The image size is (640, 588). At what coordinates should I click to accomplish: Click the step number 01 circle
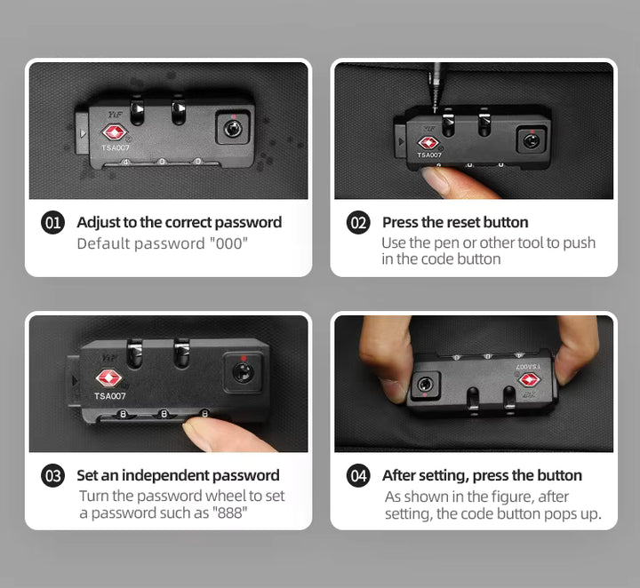click(52, 223)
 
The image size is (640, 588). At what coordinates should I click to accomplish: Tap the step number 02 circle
click(358, 223)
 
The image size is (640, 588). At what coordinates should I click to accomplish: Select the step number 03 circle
click(52, 475)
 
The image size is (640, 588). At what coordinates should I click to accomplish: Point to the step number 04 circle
click(358, 475)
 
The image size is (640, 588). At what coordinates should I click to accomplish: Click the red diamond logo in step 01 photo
click(115, 132)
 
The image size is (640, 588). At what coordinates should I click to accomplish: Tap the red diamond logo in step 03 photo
click(108, 378)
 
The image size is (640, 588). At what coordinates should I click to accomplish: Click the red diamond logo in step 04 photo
click(530, 380)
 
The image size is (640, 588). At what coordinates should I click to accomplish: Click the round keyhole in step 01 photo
click(233, 129)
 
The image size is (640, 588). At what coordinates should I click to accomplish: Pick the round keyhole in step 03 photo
click(243, 372)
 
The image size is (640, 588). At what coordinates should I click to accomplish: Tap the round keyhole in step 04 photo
click(425, 385)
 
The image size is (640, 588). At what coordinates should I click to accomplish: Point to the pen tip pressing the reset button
click(435, 109)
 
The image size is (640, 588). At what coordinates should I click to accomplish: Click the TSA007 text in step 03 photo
click(110, 396)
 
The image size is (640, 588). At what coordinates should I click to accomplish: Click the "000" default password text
click(228, 243)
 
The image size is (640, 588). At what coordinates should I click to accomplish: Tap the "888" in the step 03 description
click(230, 513)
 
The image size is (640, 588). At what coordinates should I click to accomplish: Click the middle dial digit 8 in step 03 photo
click(164, 414)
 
